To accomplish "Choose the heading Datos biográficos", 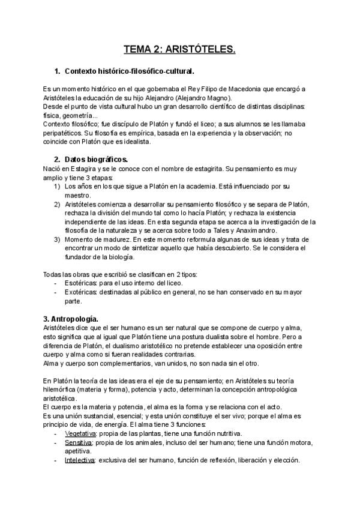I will [96, 160].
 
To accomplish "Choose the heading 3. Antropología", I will [71, 318].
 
